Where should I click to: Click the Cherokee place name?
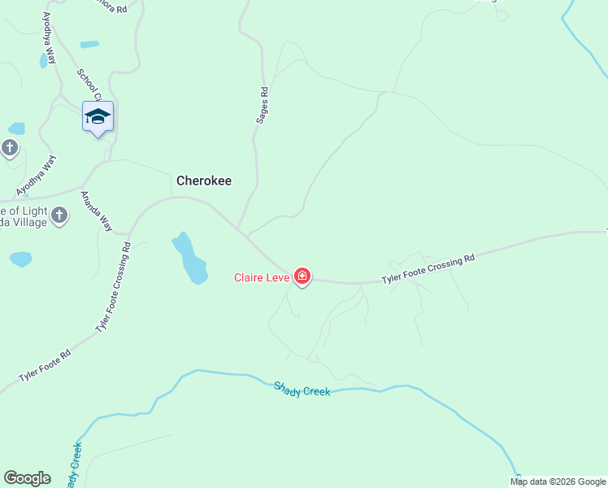click(x=204, y=181)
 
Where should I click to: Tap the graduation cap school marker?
click(x=98, y=117)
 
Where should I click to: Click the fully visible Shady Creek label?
click(x=302, y=390)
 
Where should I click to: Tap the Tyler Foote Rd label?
click(x=45, y=366)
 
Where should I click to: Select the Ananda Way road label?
click(x=96, y=211)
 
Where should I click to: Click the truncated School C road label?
click(x=87, y=85)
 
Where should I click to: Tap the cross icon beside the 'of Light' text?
click(x=59, y=216)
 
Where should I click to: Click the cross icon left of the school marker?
click(x=10, y=148)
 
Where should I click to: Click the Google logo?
click(x=27, y=478)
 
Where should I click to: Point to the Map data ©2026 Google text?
click(x=558, y=481)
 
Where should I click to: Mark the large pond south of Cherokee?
click(x=189, y=258)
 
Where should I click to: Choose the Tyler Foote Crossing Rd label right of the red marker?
click(x=428, y=269)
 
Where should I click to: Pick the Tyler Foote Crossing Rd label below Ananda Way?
click(x=113, y=286)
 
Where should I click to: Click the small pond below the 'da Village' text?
click(x=20, y=259)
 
